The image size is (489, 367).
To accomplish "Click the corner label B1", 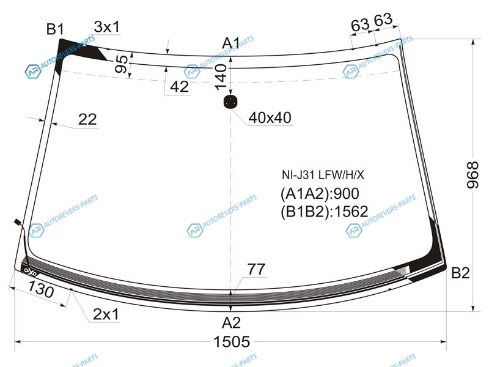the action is pos(55,29).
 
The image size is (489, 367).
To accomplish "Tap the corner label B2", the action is pos(460,273).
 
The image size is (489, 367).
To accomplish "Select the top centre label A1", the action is pos(231,43).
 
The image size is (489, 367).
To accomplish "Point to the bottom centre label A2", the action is pos(231,322).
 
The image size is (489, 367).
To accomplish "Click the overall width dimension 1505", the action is pos(232,341).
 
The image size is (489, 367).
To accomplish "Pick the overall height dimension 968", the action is pos(472,175).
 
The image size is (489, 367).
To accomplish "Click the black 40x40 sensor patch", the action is pos(230,102).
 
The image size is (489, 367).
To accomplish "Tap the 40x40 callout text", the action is pos(270,117).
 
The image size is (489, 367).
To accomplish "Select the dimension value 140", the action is pos(221,77).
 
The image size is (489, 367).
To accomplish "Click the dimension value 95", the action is pos(121,64).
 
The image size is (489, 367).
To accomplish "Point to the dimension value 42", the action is pos(179,86).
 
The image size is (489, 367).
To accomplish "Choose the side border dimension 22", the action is pos(87,119).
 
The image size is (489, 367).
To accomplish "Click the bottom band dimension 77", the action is pos(256,269).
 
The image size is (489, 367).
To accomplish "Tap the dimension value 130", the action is pos(41,289).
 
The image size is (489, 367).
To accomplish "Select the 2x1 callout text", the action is pos(106,314).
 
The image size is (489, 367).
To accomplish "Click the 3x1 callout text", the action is pos(106,27).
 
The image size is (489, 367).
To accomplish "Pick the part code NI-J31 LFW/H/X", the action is pos(323,175).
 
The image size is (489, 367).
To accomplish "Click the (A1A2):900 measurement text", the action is pos(320,193).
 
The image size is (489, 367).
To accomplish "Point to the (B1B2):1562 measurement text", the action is pos(325,212).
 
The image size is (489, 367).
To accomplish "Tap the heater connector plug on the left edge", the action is pos(18,222).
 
